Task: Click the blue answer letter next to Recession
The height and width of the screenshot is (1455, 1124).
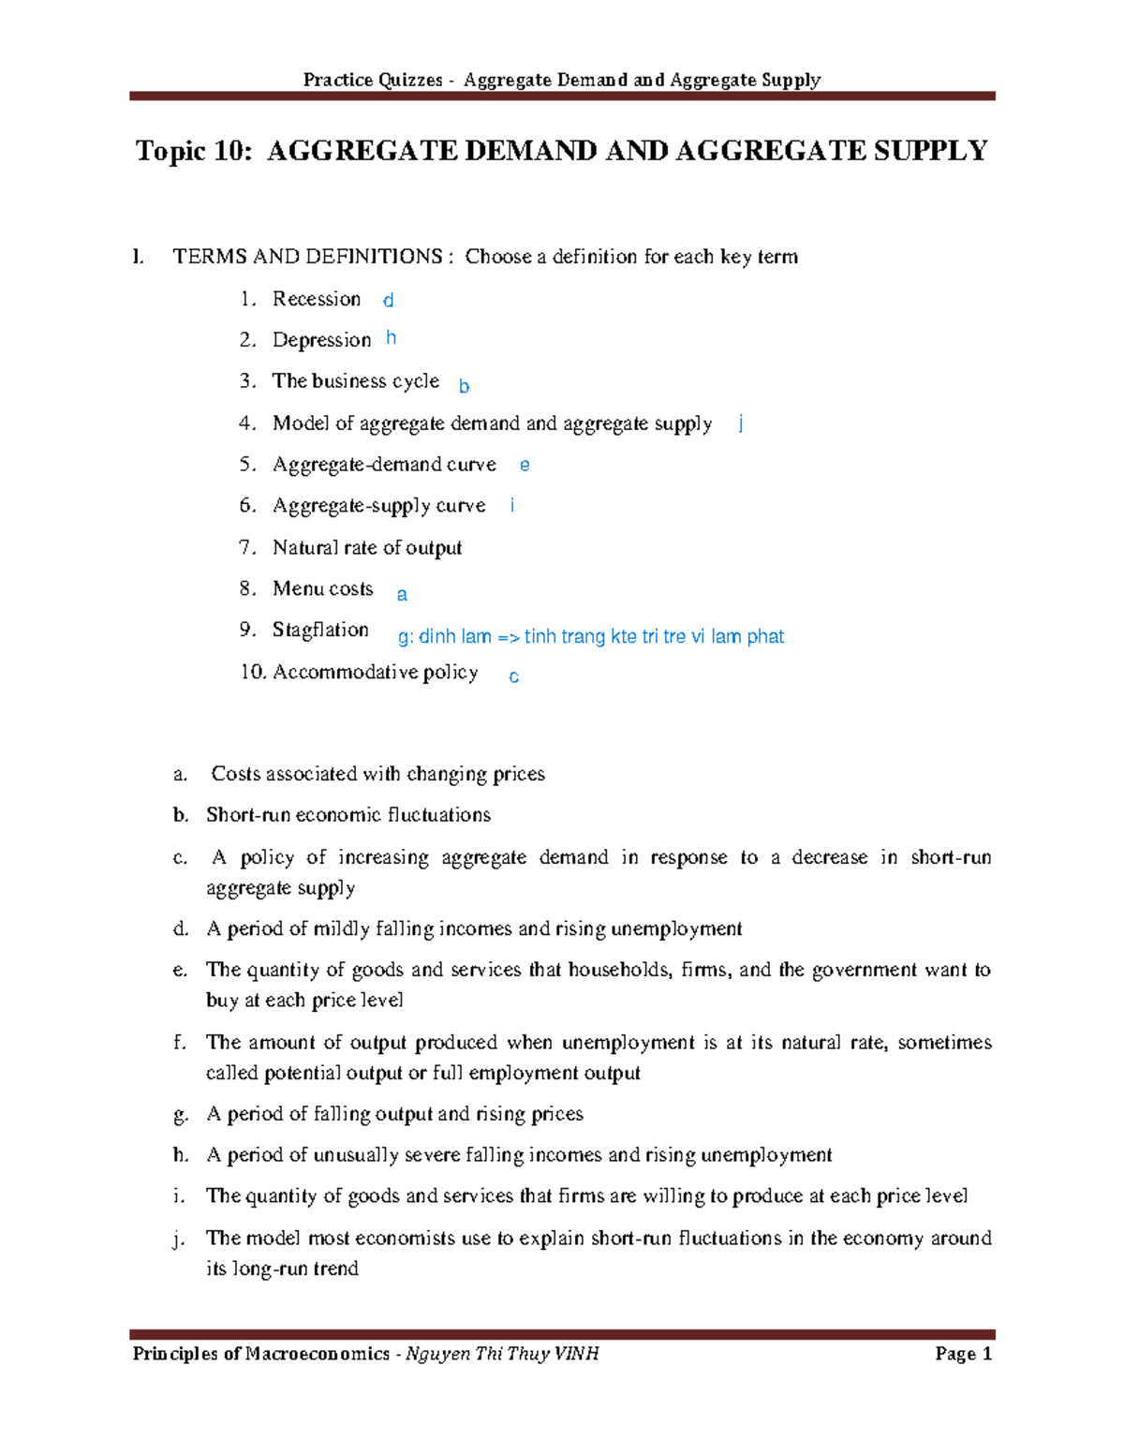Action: point(388,301)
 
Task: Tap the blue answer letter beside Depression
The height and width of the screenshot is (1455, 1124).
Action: point(392,337)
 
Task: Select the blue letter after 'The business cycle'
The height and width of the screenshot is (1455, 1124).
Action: point(464,386)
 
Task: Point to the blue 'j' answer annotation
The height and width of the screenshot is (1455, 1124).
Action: point(741,423)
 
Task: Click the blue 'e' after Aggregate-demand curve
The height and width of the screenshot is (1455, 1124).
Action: point(525,465)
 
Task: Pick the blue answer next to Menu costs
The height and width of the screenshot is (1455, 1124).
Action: point(402,595)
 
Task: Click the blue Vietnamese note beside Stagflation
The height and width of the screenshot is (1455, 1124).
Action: point(591,637)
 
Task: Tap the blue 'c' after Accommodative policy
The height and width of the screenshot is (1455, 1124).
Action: point(513,677)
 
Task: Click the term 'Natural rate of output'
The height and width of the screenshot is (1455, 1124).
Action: point(367,547)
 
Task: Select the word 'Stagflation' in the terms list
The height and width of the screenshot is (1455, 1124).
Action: point(320,630)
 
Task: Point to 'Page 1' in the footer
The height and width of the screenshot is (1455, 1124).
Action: point(963,1354)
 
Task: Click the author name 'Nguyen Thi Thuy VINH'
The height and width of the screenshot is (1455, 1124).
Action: point(502,1354)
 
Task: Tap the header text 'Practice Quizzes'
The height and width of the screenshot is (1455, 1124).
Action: point(373,80)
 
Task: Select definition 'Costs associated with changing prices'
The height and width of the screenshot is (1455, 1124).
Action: point(377,774)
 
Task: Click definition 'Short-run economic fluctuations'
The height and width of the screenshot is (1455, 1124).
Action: point(348,815)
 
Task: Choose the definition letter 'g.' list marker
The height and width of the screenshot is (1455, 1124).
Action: point(181,1114)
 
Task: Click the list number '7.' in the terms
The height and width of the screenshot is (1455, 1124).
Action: point(247,547)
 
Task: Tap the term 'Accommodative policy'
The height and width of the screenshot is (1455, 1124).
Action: point(375,672)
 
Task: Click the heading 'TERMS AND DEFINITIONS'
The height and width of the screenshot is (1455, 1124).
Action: point(307,257)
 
